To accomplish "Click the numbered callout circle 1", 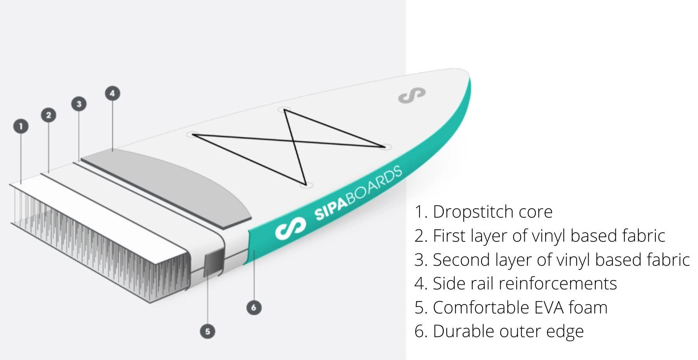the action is tap(21, 126).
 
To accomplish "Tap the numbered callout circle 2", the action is tap(48, 115).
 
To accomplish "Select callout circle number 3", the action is tap(79, 104).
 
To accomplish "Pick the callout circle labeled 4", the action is tap(112, 93).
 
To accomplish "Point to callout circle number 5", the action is tap(207, 331).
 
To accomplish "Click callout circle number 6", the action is tap(254, 308).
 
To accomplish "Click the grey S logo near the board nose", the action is tap(412, 95).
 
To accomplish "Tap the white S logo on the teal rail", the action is tap(290, 228).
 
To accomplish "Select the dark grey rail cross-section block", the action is tap(214, 261).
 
